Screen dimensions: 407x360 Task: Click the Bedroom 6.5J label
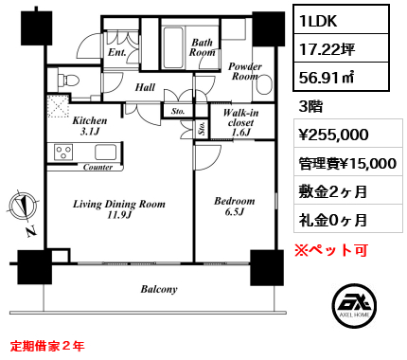pos(234,207)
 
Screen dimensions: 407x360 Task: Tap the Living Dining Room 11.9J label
pos(119,209)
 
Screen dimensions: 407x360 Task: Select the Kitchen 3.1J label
pos(90,126)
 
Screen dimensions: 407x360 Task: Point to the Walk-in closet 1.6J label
pos(240,122)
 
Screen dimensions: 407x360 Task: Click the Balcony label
pos(159,289)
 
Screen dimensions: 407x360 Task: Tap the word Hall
pos(145,87)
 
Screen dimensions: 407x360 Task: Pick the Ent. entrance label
pos(116,52)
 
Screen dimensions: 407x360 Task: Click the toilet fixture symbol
pos(68,80)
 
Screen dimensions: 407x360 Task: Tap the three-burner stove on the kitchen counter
pos(63,152)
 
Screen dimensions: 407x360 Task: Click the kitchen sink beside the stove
pos(106,153)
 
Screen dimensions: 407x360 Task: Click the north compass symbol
pos(23,207)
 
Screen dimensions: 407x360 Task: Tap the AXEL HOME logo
pos(354,305)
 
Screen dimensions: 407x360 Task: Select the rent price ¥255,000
pos(333,135)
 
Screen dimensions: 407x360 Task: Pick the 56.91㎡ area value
pos(327,77)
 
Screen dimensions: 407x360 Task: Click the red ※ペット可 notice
pos(331,250)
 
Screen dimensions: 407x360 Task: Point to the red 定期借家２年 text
pos(47,346)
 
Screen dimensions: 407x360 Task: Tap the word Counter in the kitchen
pos(97,167)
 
